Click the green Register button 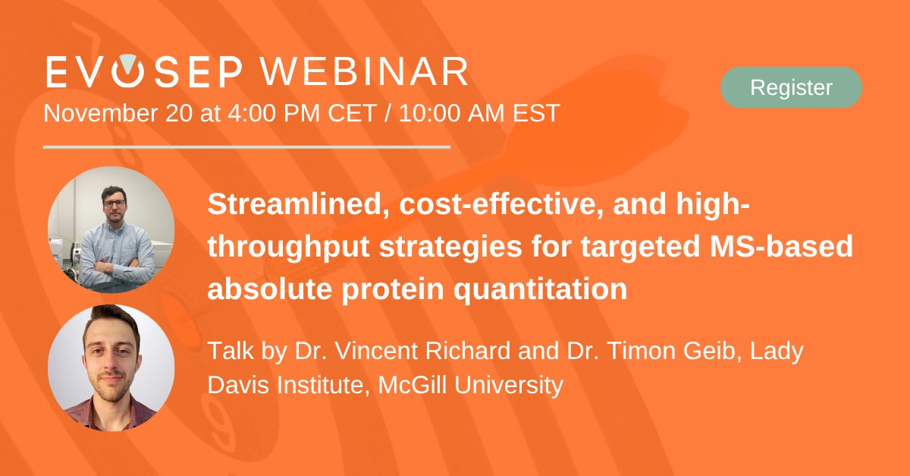(791, 87)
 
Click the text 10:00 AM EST (479, 113)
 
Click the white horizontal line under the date (246, 147)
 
